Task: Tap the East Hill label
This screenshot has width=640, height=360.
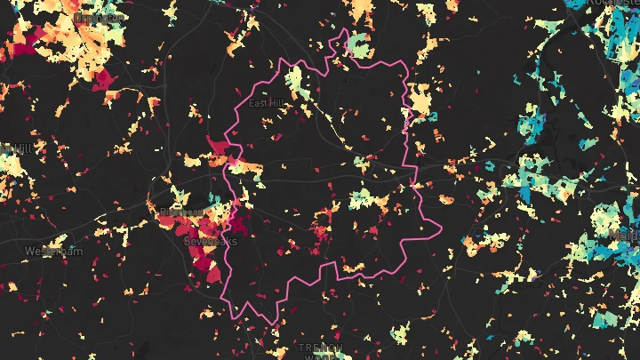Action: (x=264, y=103)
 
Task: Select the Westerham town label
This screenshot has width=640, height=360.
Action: (x=54, y=252)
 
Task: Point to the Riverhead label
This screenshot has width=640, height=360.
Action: (x=179, y=212)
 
